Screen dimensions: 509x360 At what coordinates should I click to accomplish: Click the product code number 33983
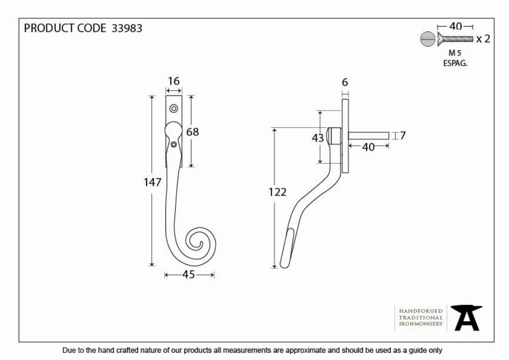[x=127, y=28]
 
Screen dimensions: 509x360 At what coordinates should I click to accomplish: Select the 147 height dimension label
[x=152, y=182]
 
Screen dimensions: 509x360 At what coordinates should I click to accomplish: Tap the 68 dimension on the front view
[x=192, y=132]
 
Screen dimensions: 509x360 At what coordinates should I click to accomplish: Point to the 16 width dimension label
[x=174, y=81]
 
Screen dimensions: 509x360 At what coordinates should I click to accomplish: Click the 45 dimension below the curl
[x=189, y=274]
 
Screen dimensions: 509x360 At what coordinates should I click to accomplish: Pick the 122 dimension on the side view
[x=277, y=192]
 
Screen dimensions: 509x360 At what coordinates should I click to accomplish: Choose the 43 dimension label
[x=318, y=139]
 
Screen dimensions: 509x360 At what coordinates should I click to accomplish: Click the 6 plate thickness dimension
[x=345, y=82]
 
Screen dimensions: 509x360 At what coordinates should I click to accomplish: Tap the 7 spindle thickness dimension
[x=403, y=135]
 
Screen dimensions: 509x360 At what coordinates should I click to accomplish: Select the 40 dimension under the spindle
[x=369, y=147]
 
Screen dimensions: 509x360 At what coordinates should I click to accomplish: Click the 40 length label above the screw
[x=456, y=26]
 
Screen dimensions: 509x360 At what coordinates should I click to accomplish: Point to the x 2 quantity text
[x=483, y=39]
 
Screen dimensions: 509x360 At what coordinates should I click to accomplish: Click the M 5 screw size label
[x=455, y=52]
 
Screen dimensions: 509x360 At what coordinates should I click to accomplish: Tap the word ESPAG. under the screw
[x=455, y=63]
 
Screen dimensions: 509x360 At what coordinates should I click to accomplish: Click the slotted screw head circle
[x=427, y=39]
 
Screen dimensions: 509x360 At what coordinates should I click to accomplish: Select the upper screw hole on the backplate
[x=174, y=108]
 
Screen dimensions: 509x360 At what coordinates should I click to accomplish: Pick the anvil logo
[x=466, y=318]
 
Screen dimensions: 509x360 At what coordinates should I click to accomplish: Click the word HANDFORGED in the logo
[x=421, y=311]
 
